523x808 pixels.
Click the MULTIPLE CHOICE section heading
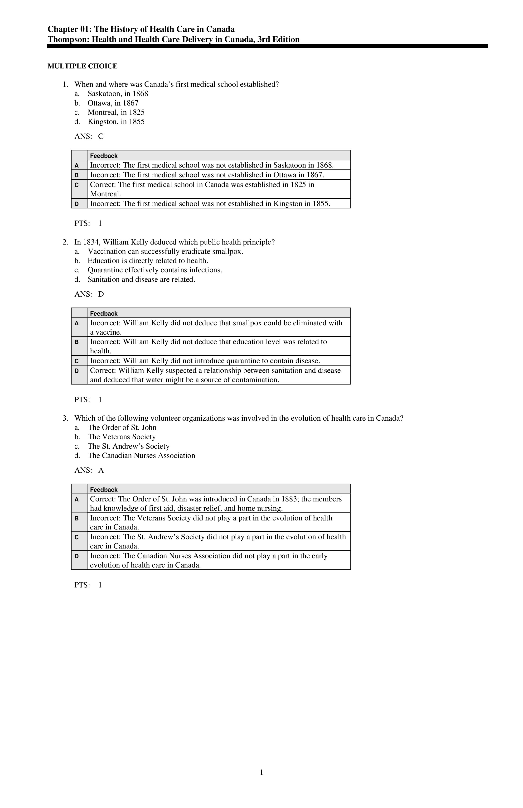[82, 66]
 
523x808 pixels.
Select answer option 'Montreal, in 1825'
[116, 112]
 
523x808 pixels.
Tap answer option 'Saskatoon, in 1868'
[117, 94]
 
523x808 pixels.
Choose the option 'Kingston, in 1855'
[116, 122]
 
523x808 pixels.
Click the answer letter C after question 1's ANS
[101, 136]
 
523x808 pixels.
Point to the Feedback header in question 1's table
[104, 156]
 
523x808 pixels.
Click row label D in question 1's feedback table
[77, 204]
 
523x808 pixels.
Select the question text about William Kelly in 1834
[174, 242]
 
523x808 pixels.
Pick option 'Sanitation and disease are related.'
[141, 280]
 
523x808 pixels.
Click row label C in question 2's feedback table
[77, 361]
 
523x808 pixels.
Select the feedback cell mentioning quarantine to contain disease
[205, 361]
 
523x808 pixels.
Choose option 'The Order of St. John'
[122, 428]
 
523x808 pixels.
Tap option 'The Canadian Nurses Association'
[141, 456]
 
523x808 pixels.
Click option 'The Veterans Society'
[121, 437]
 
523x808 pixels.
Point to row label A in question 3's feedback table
[77, 499]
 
